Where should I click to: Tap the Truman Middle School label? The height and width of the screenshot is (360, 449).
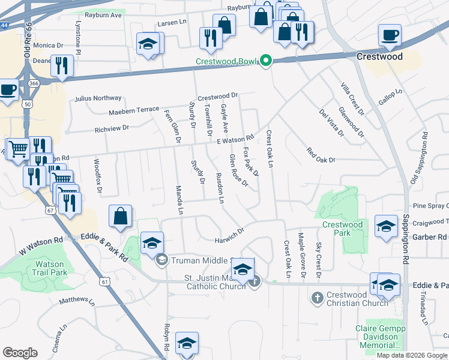(208, 260)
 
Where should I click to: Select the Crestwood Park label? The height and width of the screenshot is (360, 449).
(342, 229)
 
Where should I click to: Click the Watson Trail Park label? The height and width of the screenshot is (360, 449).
(51, 268)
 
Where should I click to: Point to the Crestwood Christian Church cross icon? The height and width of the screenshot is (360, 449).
(318, 297)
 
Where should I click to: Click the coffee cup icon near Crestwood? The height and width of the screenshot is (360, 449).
(390, 35)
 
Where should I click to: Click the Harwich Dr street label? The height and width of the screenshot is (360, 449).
(230, 236)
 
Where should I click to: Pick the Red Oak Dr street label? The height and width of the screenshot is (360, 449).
(321, 155)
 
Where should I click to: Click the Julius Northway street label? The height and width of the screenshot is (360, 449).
(98, 98)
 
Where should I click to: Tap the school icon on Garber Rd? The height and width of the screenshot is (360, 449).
(386, 226)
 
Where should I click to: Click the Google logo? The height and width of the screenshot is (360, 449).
(20, 353)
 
